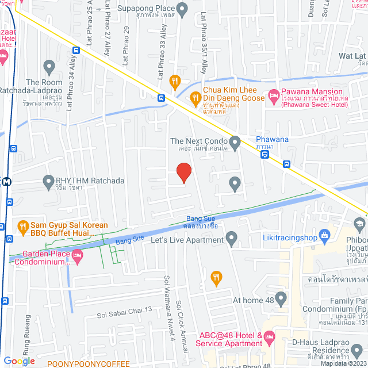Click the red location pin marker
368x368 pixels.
click(183, 171)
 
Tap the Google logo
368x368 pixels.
click(19, 361)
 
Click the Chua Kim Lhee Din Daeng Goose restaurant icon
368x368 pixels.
click(196, 98)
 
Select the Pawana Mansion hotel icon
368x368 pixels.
click(273, 95)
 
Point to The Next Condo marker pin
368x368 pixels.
click(235, 141)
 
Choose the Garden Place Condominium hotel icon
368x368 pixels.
click(78, 254)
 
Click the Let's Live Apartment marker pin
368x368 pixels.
click(231, 237)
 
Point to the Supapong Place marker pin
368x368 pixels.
click(182, 9)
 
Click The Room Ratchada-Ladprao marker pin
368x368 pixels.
click(49, 66)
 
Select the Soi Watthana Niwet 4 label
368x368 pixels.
click(168, 299)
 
